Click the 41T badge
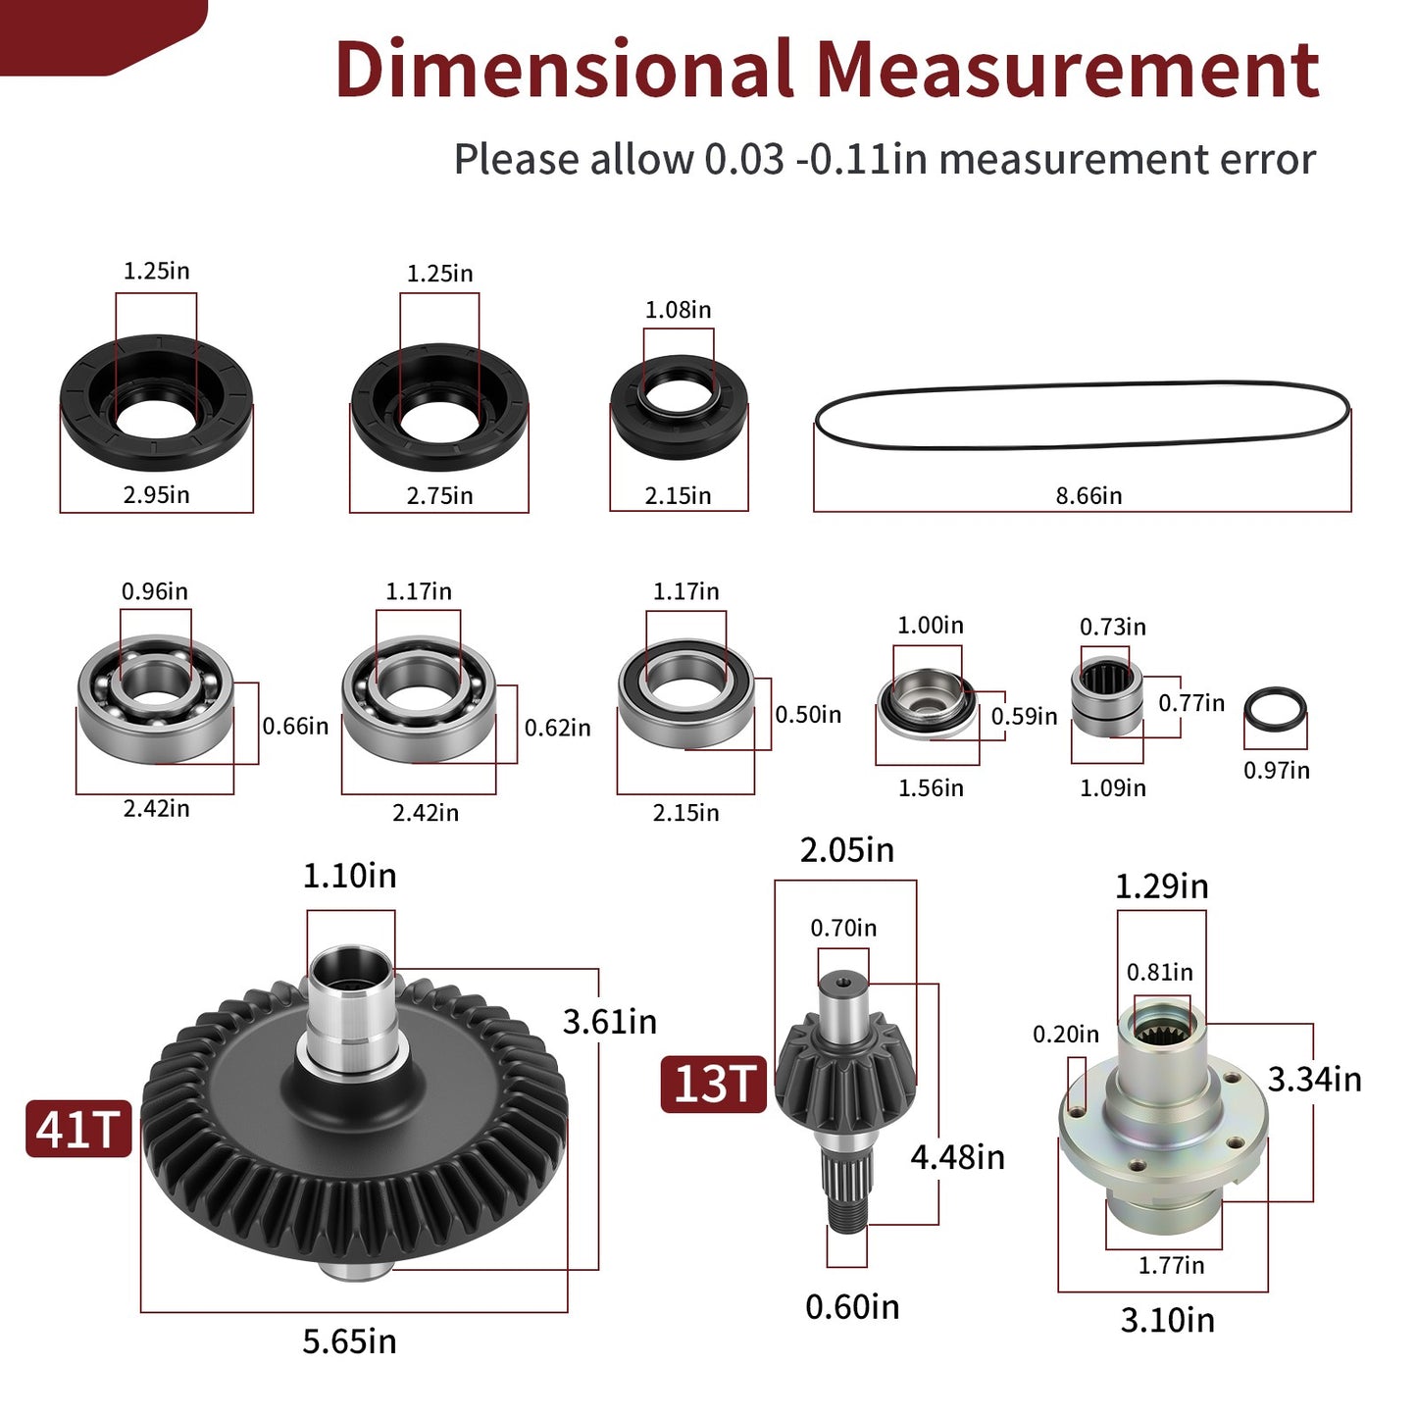(78, 1129)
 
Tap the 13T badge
(713, 1084)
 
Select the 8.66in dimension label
(1088, 495)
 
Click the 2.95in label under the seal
(156, 495)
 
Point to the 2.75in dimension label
(439, 495)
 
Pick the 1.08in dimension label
(678, 310)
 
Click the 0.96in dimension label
(154, 591)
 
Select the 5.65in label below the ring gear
(349, 1341)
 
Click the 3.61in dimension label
(610, 1022)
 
